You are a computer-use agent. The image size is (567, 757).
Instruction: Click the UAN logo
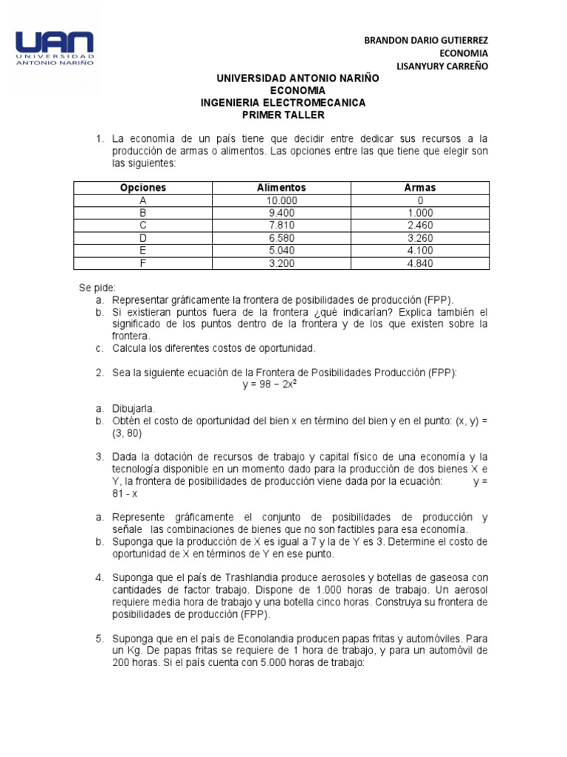tap(55, 49)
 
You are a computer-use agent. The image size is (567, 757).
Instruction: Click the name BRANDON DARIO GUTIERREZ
tap(426, 40)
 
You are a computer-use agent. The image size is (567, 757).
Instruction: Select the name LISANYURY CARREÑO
tap(443, 66)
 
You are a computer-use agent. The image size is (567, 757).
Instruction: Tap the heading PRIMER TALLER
tap(283, 115)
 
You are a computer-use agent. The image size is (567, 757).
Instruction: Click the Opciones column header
tap(143, 188)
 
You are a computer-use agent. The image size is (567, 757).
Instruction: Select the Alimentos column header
tap(281, 188)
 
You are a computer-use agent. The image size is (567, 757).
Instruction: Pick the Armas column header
tap(420, 188)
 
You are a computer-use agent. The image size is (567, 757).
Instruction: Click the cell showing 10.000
tap(281, 200)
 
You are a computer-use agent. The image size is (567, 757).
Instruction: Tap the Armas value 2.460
tap(420, 225)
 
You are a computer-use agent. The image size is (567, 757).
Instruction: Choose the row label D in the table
tap(143, 237)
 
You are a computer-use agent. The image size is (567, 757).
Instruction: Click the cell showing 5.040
tap(281, 250)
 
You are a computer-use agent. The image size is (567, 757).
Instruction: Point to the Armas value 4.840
tap(420, 262)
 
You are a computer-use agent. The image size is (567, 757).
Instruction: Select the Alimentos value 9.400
tap(281, 213)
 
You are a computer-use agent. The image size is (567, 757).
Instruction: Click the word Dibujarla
tap(134, 408)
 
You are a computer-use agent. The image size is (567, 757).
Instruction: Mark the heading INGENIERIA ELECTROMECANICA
tap(283, 103)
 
